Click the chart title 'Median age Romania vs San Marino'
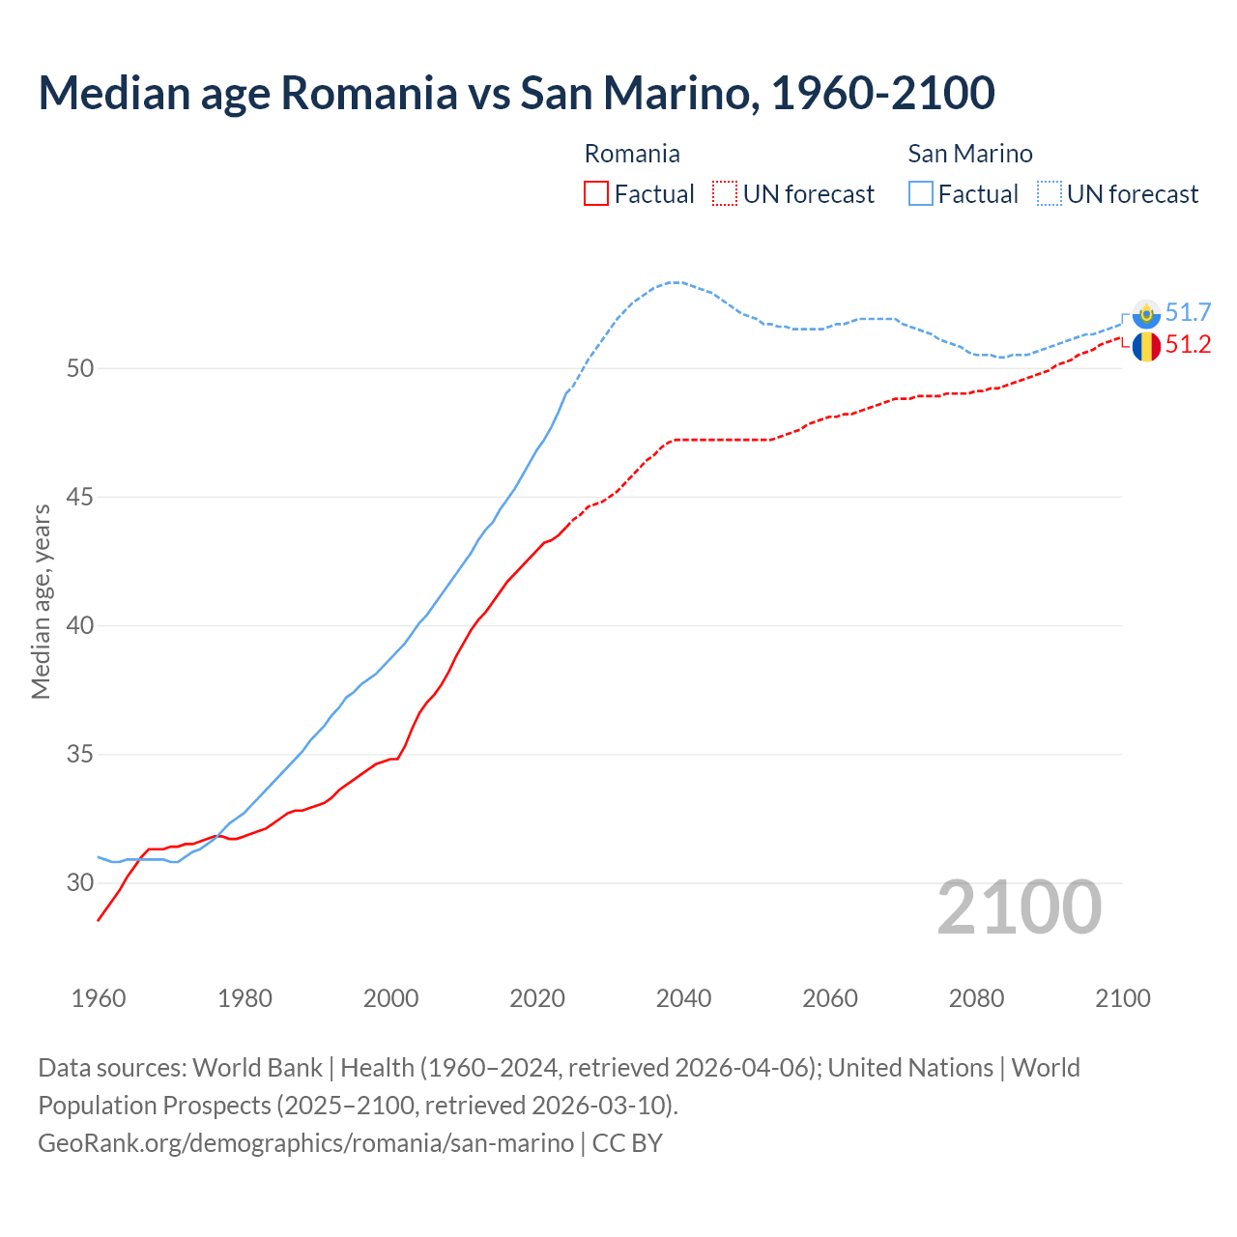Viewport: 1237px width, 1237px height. [516, 93]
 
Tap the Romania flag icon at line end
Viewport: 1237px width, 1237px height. [1146, 346]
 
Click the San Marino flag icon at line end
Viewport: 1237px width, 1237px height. [1146, 313]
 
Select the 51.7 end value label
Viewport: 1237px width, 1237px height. [1188, 312]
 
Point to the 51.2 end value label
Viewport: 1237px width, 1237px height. [1188, 345]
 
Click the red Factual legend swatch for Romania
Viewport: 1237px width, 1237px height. [596, 194]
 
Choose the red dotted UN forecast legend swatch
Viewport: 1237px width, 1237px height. [725, 194]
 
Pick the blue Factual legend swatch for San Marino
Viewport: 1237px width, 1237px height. [921, 194]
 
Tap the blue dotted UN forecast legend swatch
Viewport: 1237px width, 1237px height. [1050, 194]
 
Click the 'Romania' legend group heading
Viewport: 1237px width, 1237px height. [632, 154]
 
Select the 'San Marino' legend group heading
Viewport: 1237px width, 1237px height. [970, 154]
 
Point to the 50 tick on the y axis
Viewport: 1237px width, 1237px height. [80, 368]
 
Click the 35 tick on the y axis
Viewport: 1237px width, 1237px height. [80, 754]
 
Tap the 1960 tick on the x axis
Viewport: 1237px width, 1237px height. [99, 998]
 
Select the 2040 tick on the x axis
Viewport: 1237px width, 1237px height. [683, 998]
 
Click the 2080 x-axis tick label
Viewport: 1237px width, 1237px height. [976, 998]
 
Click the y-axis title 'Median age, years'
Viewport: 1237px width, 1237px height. [41, 601]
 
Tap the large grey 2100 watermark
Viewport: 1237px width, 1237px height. [1020, 907]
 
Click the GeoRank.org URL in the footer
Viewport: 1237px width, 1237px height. [305, 1143]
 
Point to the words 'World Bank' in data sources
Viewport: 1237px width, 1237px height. [257, 1068]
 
